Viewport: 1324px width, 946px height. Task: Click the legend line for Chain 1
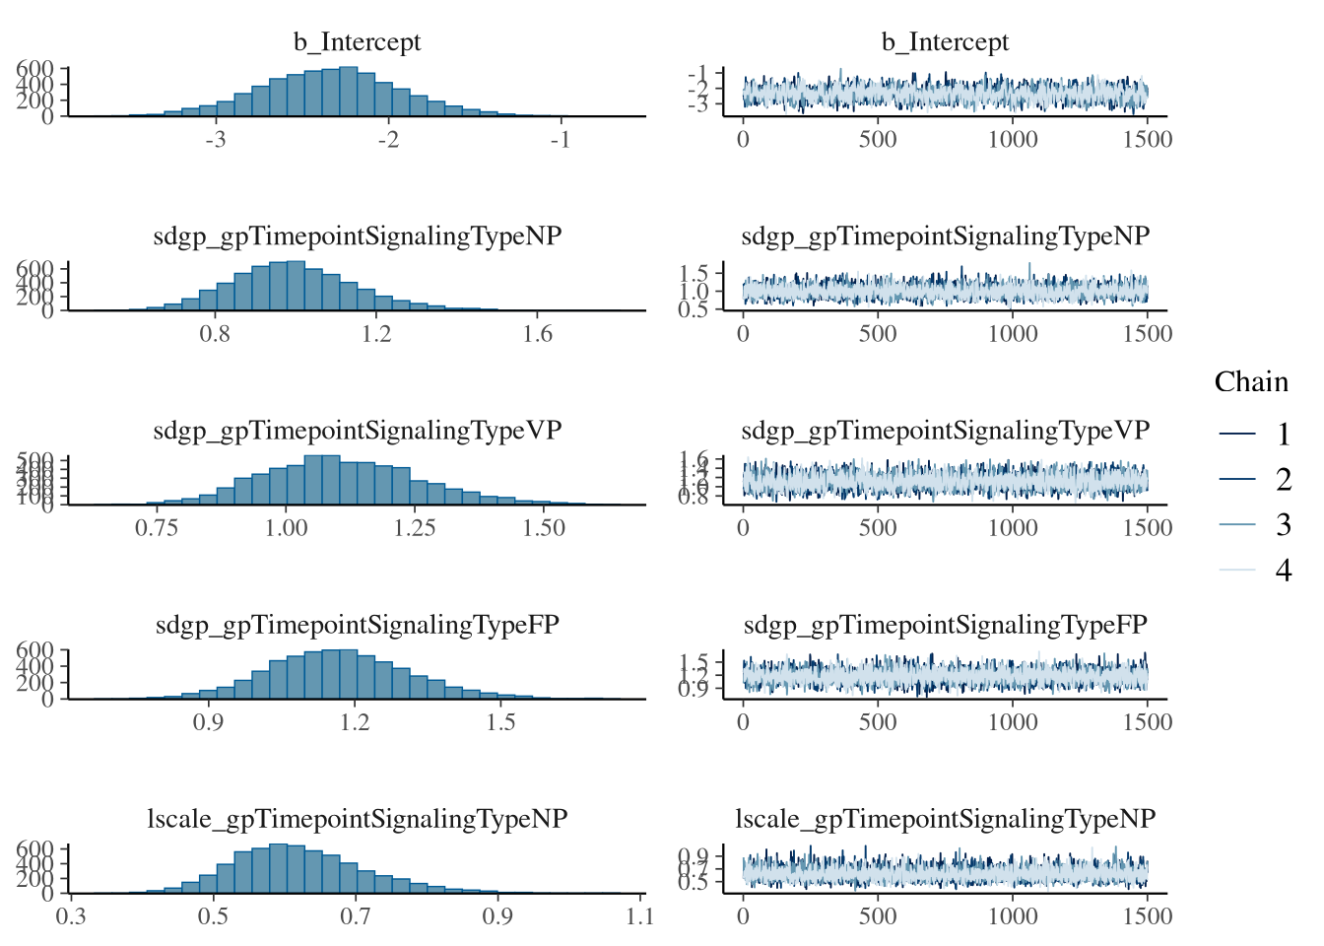[1237, 434]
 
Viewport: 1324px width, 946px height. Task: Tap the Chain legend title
[1251, 382]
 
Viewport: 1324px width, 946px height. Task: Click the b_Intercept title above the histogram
[357, 42]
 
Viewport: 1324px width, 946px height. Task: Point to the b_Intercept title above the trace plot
[945, 42]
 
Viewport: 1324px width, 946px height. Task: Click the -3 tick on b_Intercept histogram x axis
[216, 139]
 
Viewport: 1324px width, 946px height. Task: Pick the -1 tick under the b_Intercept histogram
[561, 139]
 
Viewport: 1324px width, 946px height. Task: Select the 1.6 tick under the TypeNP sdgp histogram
[537, 333]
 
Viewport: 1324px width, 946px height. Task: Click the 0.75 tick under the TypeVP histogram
[157, 527]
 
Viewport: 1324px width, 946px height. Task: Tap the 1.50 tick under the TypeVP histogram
[544, 527]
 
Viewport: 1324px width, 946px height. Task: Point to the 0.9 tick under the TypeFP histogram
[208, 721]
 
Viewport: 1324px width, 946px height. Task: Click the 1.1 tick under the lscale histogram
[639, 916]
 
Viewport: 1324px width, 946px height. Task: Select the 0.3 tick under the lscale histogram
[71, 916]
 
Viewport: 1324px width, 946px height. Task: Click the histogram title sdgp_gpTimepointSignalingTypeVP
[357, 431]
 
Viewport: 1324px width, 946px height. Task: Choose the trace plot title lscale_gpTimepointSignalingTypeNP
[945, 819]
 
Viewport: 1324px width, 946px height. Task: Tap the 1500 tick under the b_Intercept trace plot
[1148, 139]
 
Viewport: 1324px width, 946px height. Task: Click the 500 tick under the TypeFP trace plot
[878, 721]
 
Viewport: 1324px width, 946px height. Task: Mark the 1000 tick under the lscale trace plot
[1013, 916]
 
